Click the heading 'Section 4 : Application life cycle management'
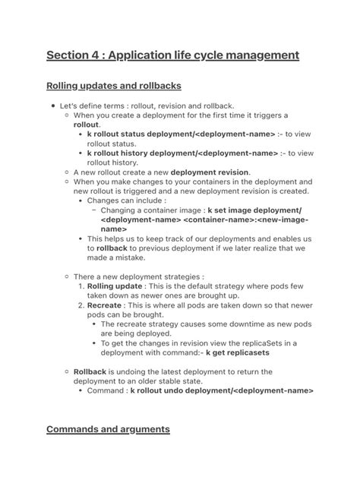(x=172, y=55)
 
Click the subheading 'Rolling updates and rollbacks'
(x=113, y=85)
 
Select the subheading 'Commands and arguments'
(x=108, y=429)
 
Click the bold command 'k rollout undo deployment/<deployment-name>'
(x=222, y=390)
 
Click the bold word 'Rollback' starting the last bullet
(x=91, y=371)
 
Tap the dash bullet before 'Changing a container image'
(x=94, y=210)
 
